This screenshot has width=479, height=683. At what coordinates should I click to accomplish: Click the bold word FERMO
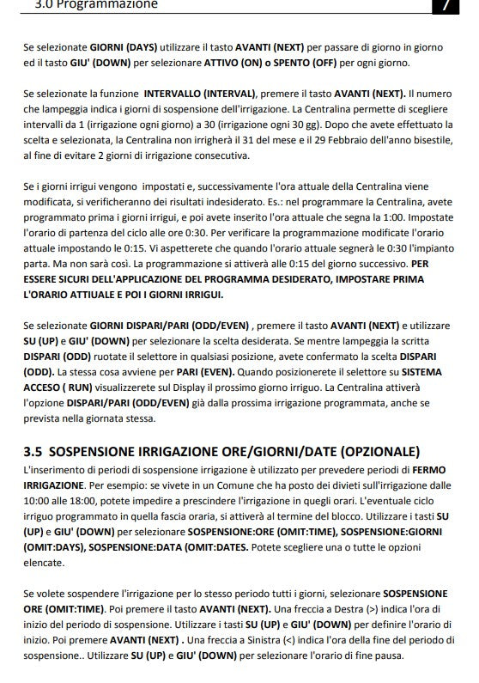[427, 471]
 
